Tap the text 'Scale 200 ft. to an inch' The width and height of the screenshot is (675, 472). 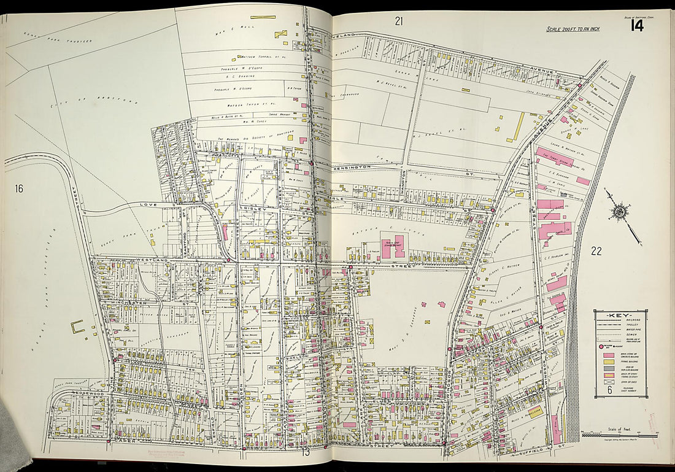tap(573, 29)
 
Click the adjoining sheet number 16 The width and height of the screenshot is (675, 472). tap(19, 188)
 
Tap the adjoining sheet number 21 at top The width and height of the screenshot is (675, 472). tap(399, 21)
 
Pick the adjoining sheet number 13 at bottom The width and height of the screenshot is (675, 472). tap(305, 453)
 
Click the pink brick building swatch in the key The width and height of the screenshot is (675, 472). tap(608, 355)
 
